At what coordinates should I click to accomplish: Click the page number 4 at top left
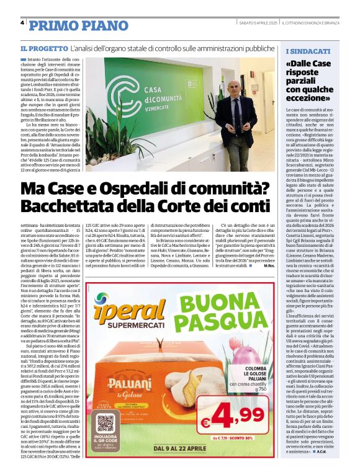pyautogui.click(x=22, y=23)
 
